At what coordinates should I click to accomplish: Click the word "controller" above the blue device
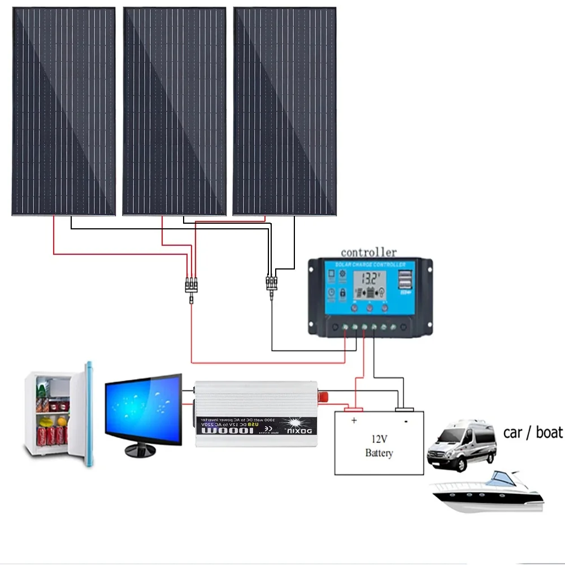(368, 252)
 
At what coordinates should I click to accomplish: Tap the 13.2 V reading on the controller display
(370, 278)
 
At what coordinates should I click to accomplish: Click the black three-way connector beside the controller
(271, 282)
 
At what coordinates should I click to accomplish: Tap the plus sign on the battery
(354, 420)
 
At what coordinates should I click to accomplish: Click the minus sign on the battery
(406, 421)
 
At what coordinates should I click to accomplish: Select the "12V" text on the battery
(379, 438)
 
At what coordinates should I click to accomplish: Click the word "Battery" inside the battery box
(379, 453)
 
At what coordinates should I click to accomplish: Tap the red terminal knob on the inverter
(324, 396)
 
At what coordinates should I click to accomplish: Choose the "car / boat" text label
(533, 432)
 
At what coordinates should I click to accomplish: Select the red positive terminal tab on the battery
(354, 408)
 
